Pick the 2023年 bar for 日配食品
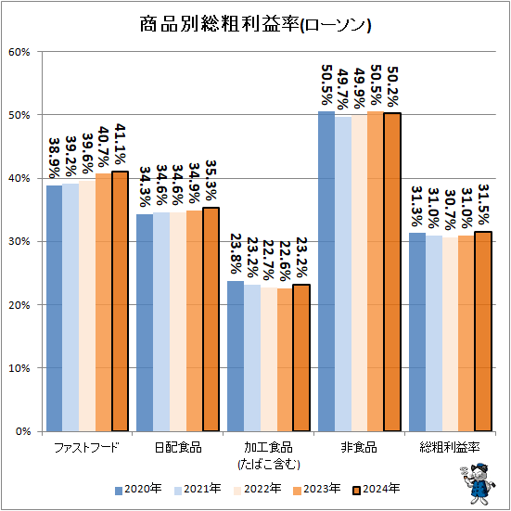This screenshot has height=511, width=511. click(194, 321)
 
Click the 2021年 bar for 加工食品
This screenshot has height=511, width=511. click(252, 358)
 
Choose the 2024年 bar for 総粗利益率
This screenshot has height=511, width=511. click(482, 331)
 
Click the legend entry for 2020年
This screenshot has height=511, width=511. click(138, 489)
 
